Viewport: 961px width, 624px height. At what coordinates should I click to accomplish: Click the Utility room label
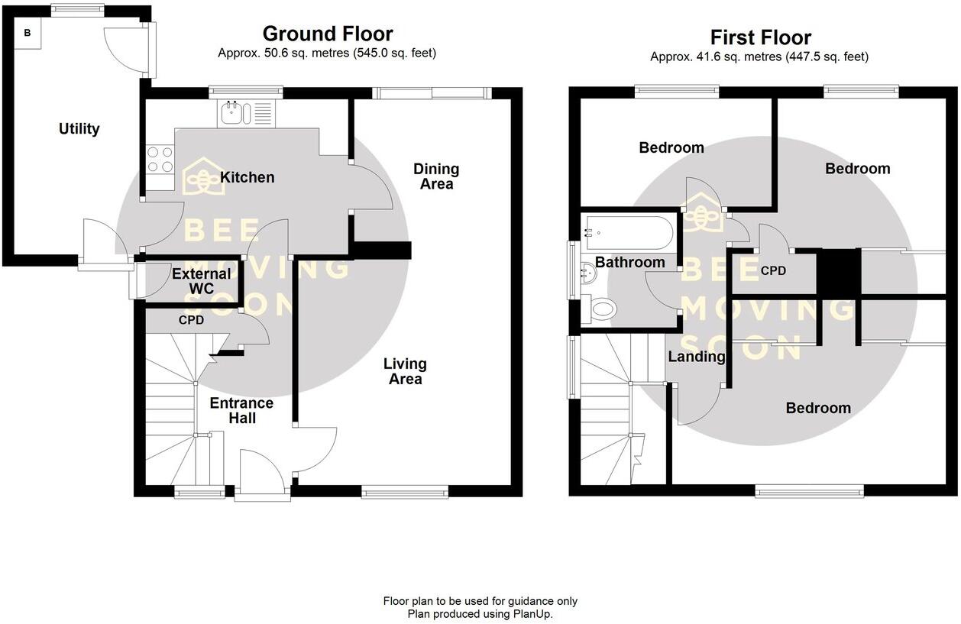point(79,128)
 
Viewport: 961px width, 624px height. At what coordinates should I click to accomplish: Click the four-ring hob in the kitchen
point(160,159)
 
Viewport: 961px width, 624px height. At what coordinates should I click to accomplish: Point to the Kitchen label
point(247,177)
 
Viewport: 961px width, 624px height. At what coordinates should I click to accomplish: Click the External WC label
point(202,281)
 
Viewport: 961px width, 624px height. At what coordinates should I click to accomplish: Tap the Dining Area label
point(436,176)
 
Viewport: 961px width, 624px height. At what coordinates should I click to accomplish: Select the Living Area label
point(405,371)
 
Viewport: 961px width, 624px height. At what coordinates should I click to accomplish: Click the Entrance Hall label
point(242,410)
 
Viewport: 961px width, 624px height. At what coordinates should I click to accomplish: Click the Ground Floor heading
point(328,34)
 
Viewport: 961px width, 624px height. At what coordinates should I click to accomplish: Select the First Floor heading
point(760,37)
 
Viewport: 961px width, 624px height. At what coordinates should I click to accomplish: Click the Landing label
point(696,357)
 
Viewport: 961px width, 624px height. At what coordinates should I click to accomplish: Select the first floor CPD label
point(773,270)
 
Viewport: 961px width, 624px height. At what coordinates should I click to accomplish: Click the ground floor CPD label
point(191,320)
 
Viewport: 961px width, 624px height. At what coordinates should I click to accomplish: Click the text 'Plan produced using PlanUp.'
point(480,613)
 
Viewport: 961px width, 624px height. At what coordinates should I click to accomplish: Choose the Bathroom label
point(629,262)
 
